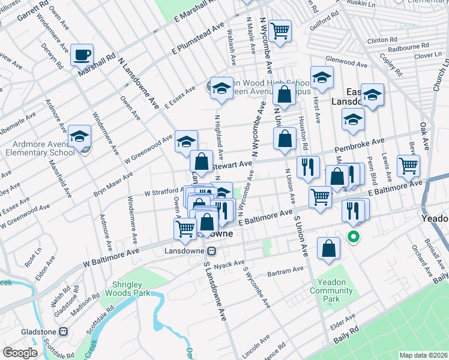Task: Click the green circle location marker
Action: coord(354,236)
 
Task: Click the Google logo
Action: coord(20,352)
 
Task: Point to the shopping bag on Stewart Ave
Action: coord(202,161)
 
